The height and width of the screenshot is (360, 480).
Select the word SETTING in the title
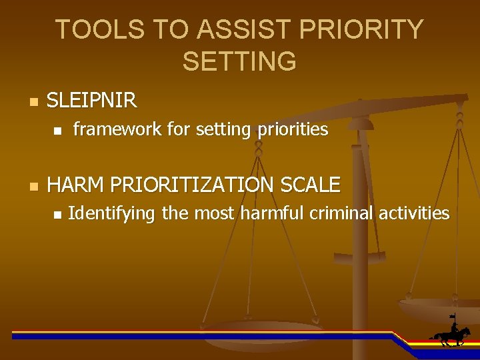[239, 61]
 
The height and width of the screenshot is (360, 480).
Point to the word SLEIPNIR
[91, 101]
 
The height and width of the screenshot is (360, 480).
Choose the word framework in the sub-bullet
[117, 129]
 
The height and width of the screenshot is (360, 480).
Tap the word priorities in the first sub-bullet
[290, 129]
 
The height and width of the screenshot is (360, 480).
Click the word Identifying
[111, 213]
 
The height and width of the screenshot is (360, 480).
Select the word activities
[414, 213]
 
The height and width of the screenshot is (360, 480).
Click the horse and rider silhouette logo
[451, 331]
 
